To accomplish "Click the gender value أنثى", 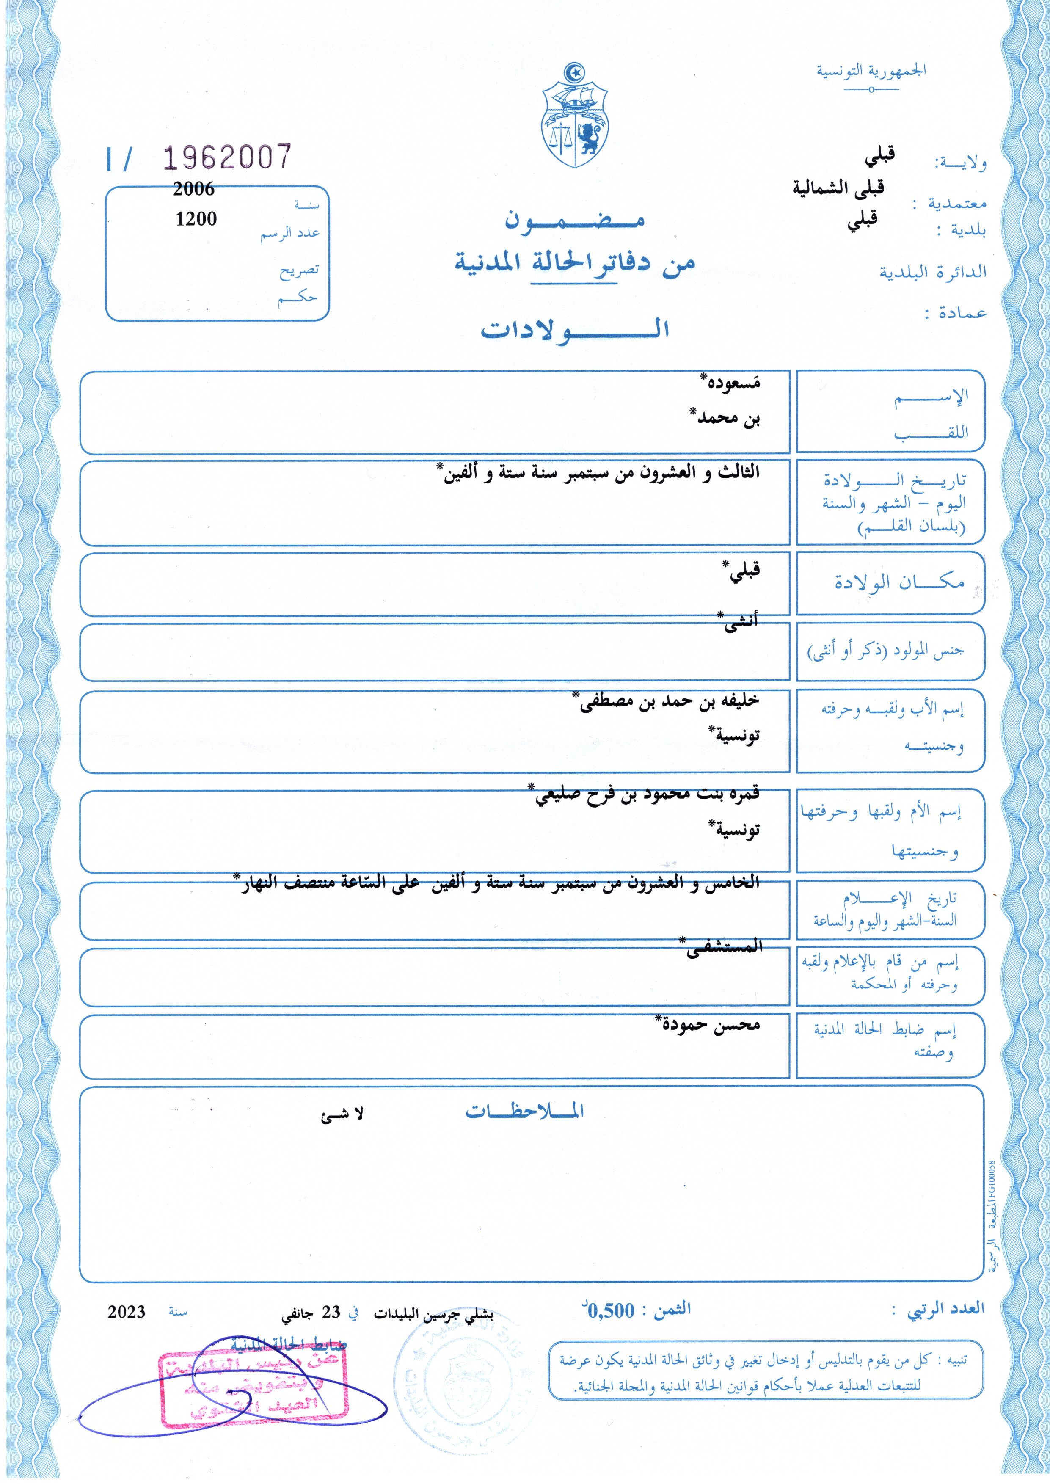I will tap(739, 623).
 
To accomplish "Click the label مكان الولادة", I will tap(899, 582).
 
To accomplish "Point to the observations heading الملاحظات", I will tap(525, 1111).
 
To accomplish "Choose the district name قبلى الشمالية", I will tap(838, 188).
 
